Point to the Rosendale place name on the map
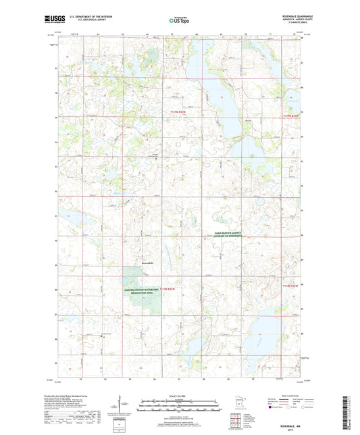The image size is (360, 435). (149, 261)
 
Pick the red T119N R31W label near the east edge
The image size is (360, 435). (290, 116)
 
